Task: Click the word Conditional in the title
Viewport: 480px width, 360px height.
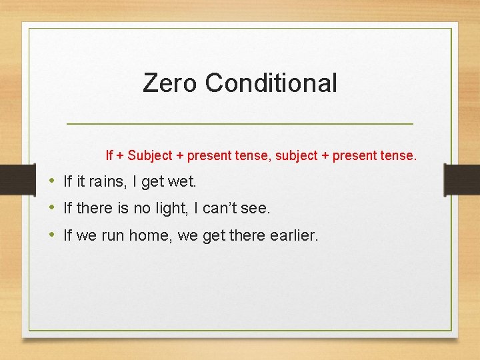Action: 271,83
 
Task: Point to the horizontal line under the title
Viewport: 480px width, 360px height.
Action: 240,124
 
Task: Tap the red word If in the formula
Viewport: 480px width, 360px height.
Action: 109,156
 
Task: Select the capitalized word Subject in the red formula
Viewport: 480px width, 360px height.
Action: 149,156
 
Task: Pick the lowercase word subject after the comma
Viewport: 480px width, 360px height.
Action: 301,156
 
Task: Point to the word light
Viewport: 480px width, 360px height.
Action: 171,209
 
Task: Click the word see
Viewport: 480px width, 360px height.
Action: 256,209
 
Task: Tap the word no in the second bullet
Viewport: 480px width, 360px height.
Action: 142,209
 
